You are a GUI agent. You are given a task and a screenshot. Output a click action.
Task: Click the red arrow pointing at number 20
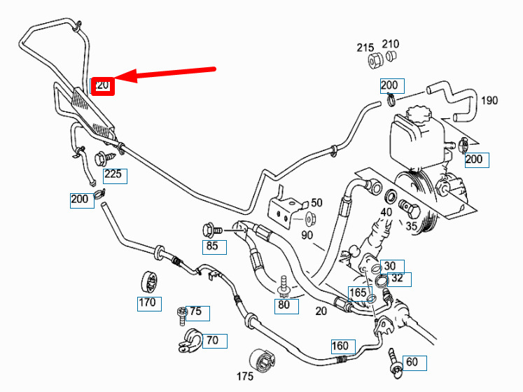point(168,73)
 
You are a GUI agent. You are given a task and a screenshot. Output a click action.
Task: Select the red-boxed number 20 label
point(103,85)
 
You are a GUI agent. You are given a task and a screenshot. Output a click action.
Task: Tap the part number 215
point(365,48)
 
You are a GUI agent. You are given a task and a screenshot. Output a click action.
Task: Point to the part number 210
point(391,44)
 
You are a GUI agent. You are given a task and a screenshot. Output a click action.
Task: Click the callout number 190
point(489,100)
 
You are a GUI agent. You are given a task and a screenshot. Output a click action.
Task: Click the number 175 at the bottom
point(244,377)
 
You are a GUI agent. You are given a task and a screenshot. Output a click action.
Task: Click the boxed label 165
point(358,293)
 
